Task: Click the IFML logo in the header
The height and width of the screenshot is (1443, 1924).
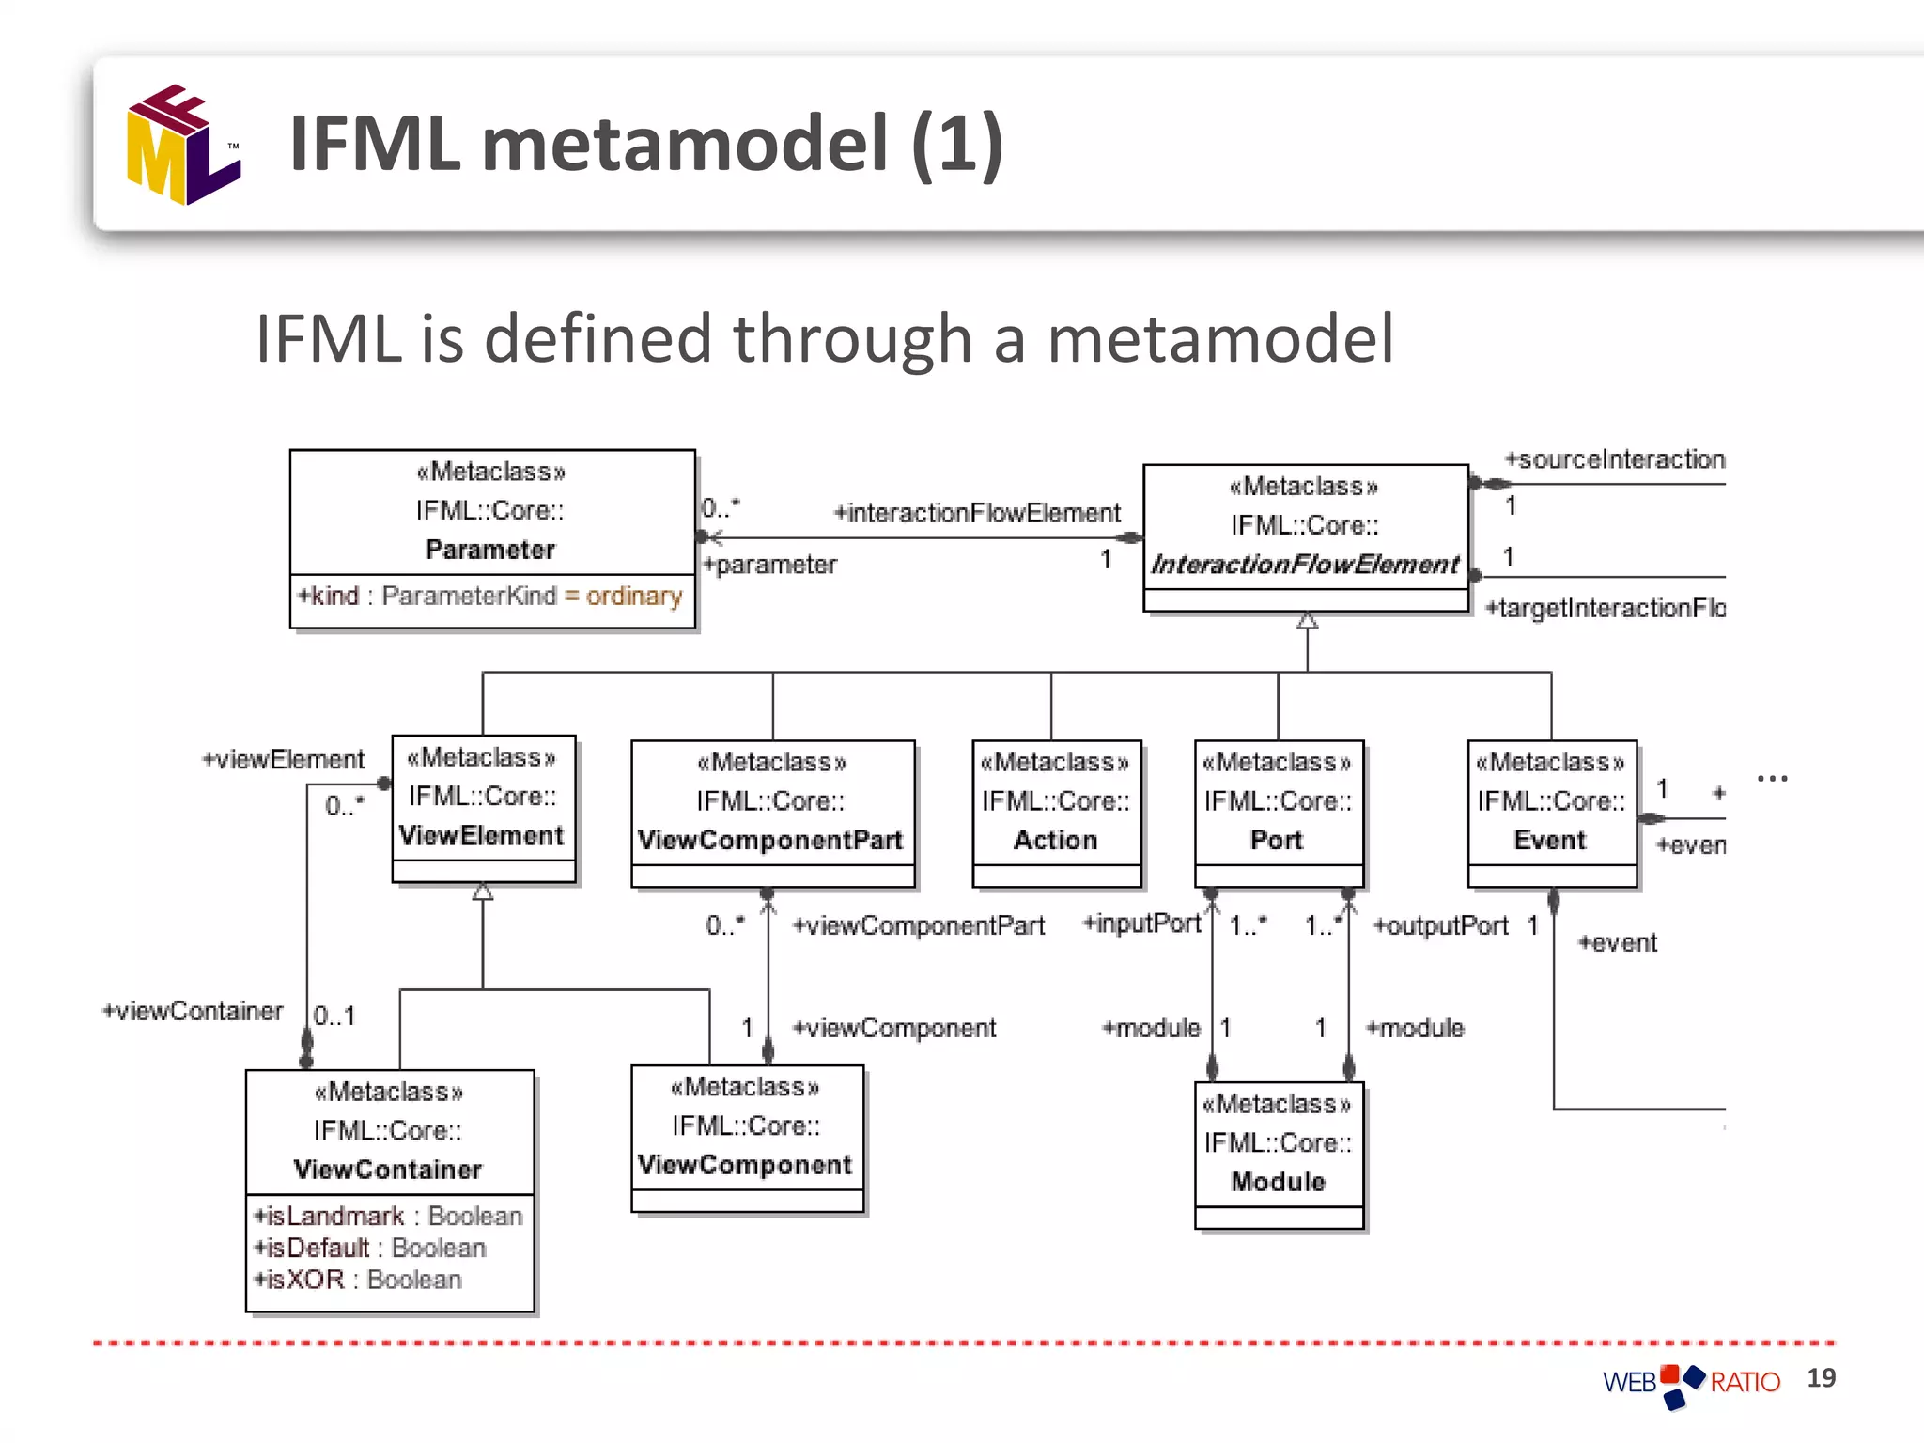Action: [x=183, y=145]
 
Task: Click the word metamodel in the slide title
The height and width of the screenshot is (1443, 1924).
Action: [x=684, y=143]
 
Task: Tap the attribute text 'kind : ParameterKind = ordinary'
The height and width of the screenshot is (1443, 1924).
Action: [x=491, y=596]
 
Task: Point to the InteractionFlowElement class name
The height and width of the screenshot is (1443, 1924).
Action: [x=1305, y=564]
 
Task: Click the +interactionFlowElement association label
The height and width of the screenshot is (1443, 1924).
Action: [x=978, y=513]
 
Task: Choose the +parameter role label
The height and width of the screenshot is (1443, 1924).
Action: [x=770, y=565]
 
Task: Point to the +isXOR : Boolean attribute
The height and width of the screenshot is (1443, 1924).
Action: [x=358, y=1280]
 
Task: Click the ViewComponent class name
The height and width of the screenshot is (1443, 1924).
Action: [x=745, y=1165]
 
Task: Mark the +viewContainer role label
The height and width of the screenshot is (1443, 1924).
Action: [x=193, y=1011]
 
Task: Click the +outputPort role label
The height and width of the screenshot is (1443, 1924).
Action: [x=1440, y=926]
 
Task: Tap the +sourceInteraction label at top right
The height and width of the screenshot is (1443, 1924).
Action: [x=1615, y=459]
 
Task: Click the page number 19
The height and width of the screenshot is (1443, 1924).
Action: [x=1821, y=1377]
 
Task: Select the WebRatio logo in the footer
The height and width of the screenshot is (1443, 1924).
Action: [x=1691, y=1383]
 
